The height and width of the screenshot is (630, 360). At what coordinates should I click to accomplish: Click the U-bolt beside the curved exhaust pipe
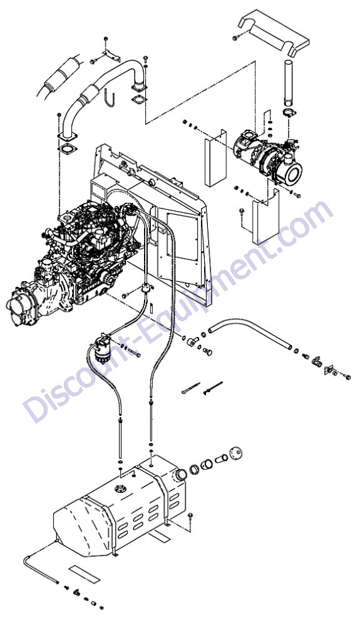[x=110, y=99]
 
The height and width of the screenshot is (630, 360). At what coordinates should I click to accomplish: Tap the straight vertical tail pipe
[x=289, y=83]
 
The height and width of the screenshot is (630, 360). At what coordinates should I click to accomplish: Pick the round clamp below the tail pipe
[x=289, y=113]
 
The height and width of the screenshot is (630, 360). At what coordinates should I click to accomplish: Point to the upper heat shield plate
[x=216, y=158]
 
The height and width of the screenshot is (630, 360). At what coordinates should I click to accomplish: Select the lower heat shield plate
[x=265, y=217]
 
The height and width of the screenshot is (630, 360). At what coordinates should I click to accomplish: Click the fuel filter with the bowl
[x=103, y=349]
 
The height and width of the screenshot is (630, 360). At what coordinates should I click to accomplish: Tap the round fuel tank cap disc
[x=236, y=453]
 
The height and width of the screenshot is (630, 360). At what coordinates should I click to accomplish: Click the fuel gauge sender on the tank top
[x=120, y=489]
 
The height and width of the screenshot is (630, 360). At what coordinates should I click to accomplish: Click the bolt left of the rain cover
[x=236, y=38]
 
